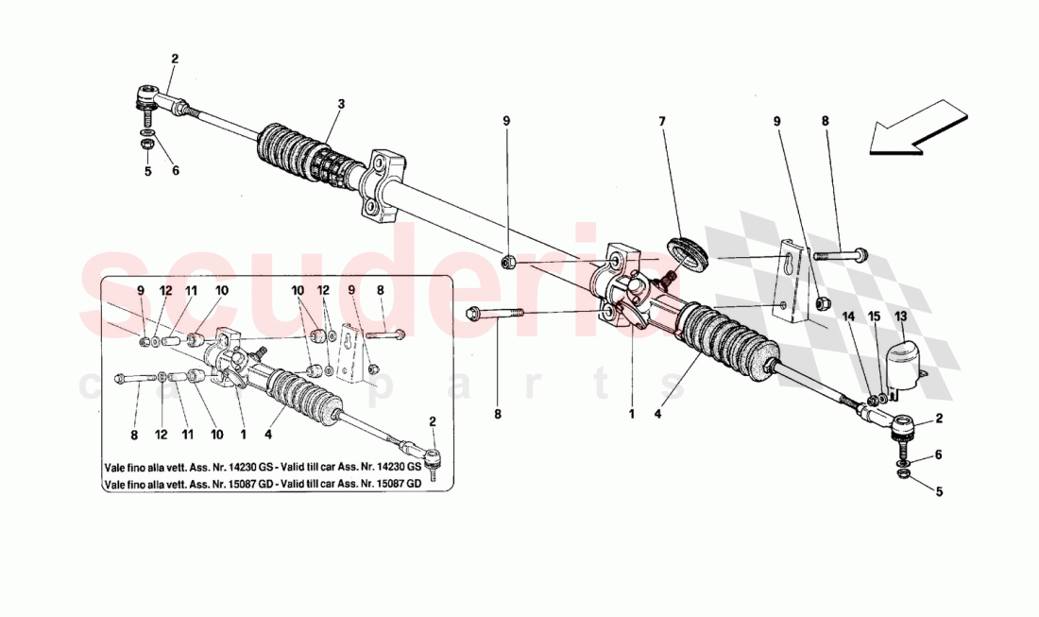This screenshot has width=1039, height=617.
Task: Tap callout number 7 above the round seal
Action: [662, 121]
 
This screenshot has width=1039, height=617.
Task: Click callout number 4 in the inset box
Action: [268, 436]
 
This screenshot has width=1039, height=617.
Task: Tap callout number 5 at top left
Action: [147, 171]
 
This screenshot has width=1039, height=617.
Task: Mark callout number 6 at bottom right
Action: [937, 454]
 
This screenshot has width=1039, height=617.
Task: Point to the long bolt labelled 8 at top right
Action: [841, 254]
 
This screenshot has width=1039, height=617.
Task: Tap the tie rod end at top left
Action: [151, 98]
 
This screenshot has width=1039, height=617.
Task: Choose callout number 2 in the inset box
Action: [433, 420]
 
